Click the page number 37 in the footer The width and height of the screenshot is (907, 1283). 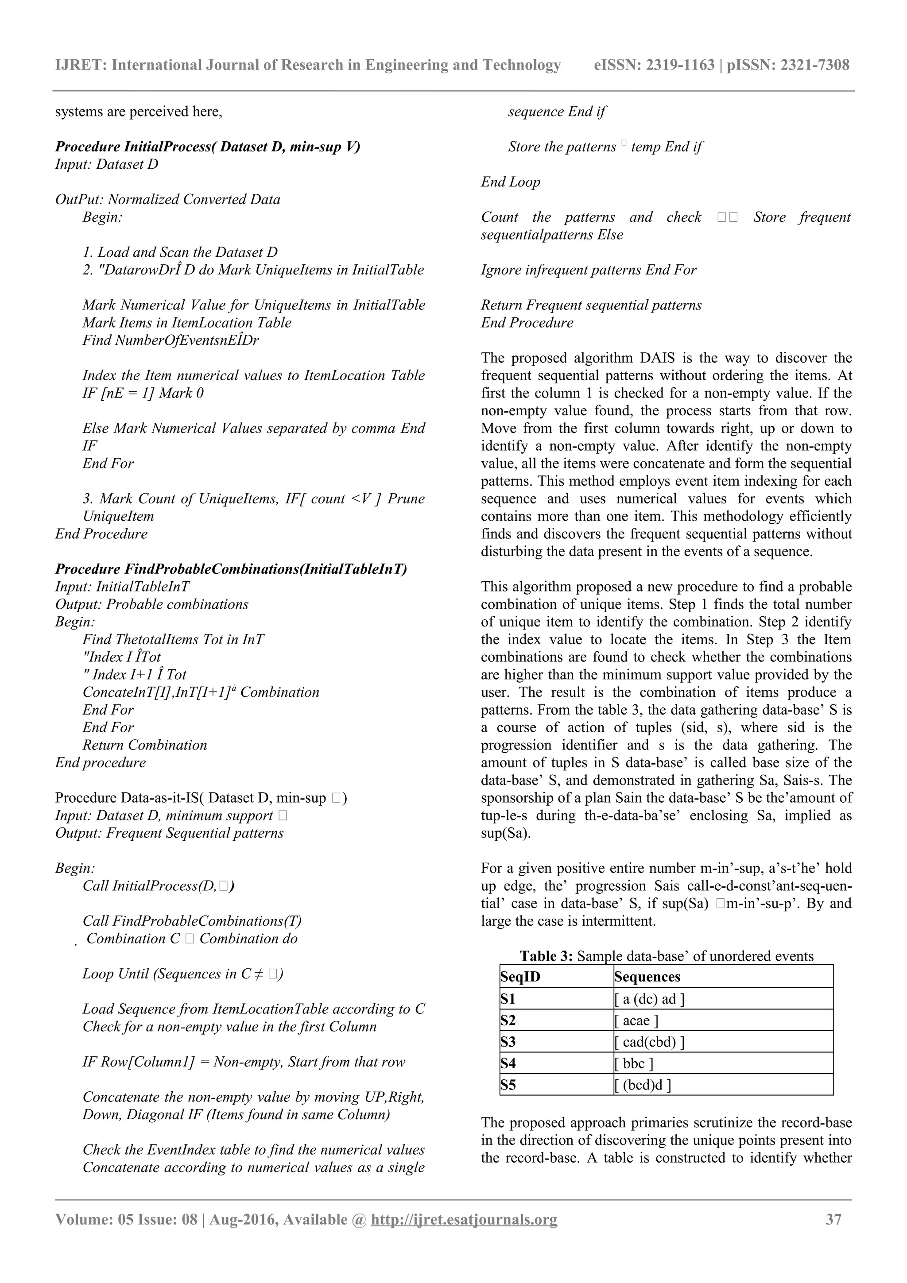coord(833,1219)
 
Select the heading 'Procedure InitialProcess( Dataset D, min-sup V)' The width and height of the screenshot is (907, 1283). coord(207,147)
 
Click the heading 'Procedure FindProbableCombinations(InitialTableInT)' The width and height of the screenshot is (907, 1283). coord(231,569)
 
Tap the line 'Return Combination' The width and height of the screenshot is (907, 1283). coord(145,745)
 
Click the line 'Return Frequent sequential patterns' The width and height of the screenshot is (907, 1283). coord(591,305)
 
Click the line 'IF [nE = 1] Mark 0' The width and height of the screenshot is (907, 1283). coord(143,393)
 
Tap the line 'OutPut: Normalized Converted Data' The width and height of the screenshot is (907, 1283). coord(168,200)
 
